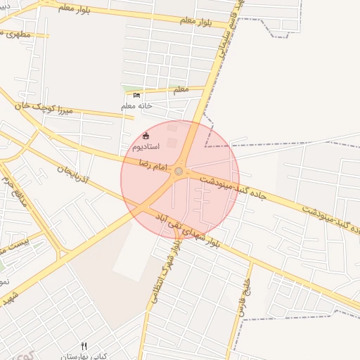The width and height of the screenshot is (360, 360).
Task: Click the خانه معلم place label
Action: click(136, 106)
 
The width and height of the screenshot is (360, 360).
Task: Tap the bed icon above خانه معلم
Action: click(136, 95)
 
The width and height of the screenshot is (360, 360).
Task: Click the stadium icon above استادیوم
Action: click(146, 136)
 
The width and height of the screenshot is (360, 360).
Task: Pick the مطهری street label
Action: click(18, 33)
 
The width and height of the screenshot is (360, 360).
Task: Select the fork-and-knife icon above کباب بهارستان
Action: click(84, 346)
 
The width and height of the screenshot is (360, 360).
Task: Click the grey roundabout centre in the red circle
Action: click(179, 172)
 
